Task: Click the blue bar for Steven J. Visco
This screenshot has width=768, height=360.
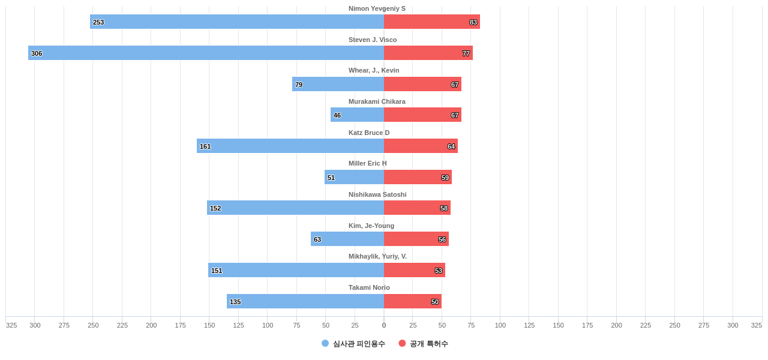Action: point(206,53)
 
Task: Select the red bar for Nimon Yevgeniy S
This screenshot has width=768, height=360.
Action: point(431,22)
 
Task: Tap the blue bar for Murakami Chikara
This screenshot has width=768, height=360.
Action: point(357,115)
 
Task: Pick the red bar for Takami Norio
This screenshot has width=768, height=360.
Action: point(412,301)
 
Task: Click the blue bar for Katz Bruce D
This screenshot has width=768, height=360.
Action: point(290,146)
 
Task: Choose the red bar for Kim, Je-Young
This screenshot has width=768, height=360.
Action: point(416,239)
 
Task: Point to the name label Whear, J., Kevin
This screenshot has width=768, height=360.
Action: point(374,70)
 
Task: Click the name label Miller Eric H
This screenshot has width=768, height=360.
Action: point(368,163)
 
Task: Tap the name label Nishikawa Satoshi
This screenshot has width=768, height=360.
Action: point(377,194)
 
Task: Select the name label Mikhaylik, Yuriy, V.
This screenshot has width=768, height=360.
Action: point(377,256)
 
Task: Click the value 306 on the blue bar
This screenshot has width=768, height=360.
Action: point(37,53)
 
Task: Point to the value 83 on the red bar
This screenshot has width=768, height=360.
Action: point(473,22)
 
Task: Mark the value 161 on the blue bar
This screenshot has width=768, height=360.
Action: point(205,146)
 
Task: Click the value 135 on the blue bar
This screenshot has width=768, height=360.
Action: point(235,302)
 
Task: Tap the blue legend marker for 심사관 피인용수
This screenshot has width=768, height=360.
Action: point(325,343)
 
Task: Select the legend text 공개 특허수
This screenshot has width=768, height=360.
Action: point(428,344)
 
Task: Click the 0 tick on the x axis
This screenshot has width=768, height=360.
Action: point(384,325)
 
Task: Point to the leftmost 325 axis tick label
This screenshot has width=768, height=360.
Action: point(11,325)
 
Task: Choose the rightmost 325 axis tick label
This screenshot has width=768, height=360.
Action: point(756,325)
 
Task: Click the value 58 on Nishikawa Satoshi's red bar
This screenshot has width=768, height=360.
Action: point(444,208)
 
